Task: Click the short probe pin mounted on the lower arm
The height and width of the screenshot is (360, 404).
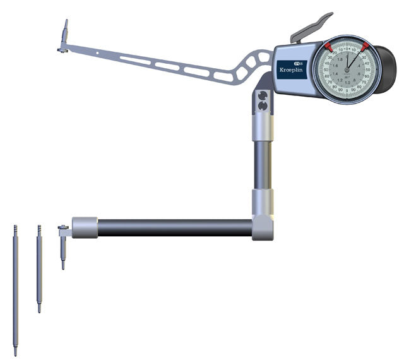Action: [x=62, y=249]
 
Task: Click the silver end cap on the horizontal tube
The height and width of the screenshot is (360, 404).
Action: [x=85, y=227]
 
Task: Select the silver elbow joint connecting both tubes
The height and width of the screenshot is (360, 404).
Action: [x=263, y=224]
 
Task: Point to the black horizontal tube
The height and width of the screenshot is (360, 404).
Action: [x=174, y=227]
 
